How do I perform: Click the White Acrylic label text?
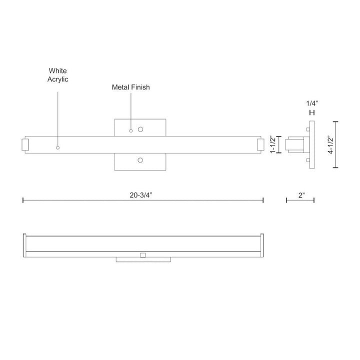tap(58, 75)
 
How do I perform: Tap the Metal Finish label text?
tap(131, 87)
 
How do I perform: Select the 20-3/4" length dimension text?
tap(143, 196)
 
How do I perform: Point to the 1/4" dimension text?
tap(311, 103)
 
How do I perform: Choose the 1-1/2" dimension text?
tap(272, 145)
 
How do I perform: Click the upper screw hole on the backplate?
tap(140, 129)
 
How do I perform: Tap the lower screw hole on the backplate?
tap(140, 160)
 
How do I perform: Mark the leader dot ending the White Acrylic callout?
tap(58, 147)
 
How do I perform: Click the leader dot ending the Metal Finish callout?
tap(131, 131)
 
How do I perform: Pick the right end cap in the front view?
tap(260, 145)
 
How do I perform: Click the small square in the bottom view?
tap(143, 255)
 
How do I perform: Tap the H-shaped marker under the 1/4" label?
tap(311, 113)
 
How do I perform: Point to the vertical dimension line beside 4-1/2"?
tap(335, 145)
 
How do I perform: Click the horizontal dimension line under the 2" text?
tap(300, 201)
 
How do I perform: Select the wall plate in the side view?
tap(312, 145)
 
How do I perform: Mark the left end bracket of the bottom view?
tap(24, 245)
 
